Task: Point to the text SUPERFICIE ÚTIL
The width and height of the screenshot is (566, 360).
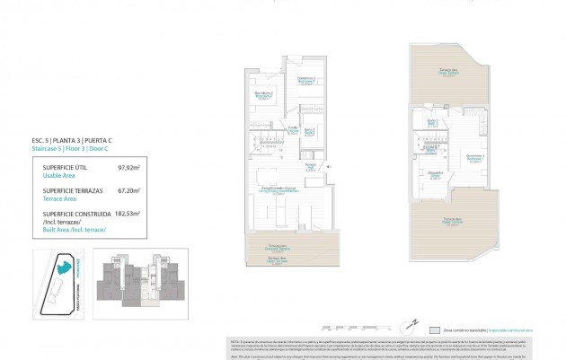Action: pyautogui.click(x=64, y=167)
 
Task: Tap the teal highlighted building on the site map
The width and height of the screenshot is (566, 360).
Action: pyautogui.click(x=63, y=265)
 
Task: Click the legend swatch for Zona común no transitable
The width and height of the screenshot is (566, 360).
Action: pyautogui.click(x=434, y=330)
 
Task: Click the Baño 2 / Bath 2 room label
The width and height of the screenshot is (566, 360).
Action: pyautogui.click(x=308, y=131)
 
